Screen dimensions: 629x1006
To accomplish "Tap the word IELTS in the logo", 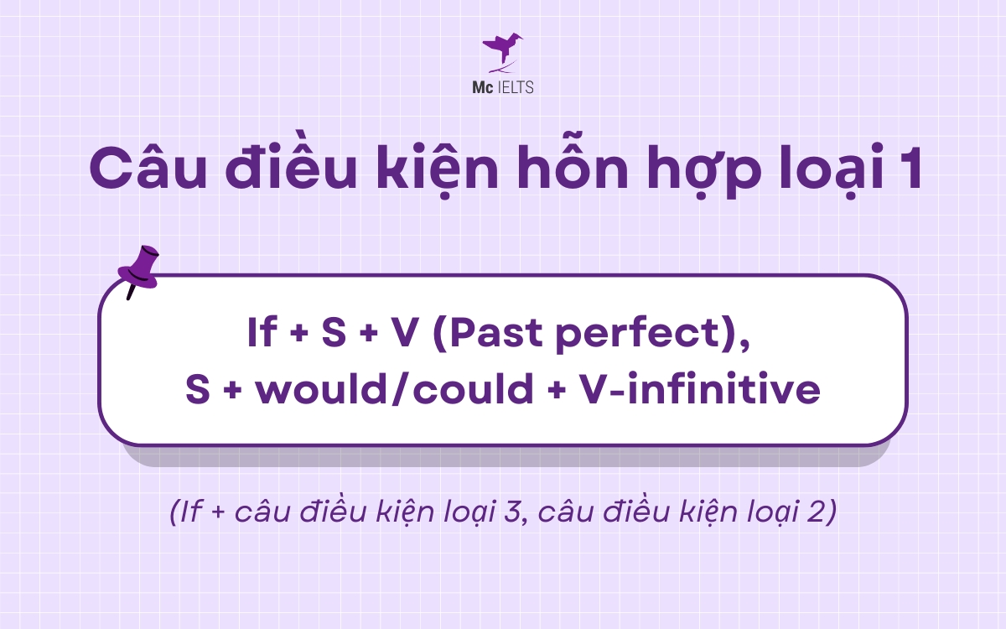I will click(512, 87).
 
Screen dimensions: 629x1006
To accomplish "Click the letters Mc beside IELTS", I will click(482, 87).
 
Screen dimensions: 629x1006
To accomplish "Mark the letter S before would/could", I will click(198, 390).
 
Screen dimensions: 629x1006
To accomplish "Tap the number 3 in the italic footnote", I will click(521, 512).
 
